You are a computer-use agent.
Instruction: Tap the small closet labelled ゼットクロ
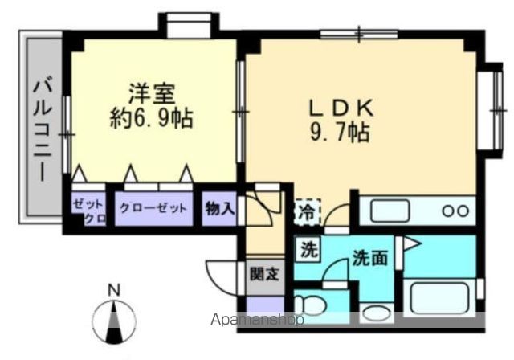88,211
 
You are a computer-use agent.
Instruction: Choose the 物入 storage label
219,208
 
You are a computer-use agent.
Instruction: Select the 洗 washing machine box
308,250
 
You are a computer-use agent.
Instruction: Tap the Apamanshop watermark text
257,320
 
